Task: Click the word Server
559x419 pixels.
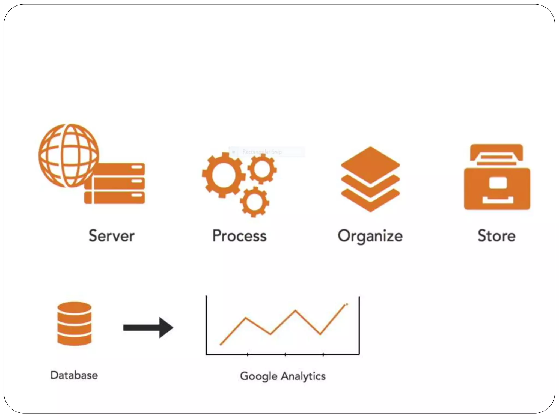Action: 111,236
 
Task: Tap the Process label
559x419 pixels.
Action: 239,236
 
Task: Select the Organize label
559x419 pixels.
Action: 370,236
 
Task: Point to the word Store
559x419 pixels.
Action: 496,236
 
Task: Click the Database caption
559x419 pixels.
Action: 74,375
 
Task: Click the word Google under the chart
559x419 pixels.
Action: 259,376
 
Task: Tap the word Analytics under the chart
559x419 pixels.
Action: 303,376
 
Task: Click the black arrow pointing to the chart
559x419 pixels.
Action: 148,327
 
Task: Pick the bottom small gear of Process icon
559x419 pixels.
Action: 254,202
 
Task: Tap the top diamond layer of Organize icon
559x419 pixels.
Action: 370,165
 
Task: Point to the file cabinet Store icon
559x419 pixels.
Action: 497,177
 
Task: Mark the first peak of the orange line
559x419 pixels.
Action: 246,318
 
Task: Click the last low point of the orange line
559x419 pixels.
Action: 320,334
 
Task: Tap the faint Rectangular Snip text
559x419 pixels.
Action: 262,152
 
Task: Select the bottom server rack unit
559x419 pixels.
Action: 115,198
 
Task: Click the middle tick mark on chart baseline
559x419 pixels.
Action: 285,354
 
